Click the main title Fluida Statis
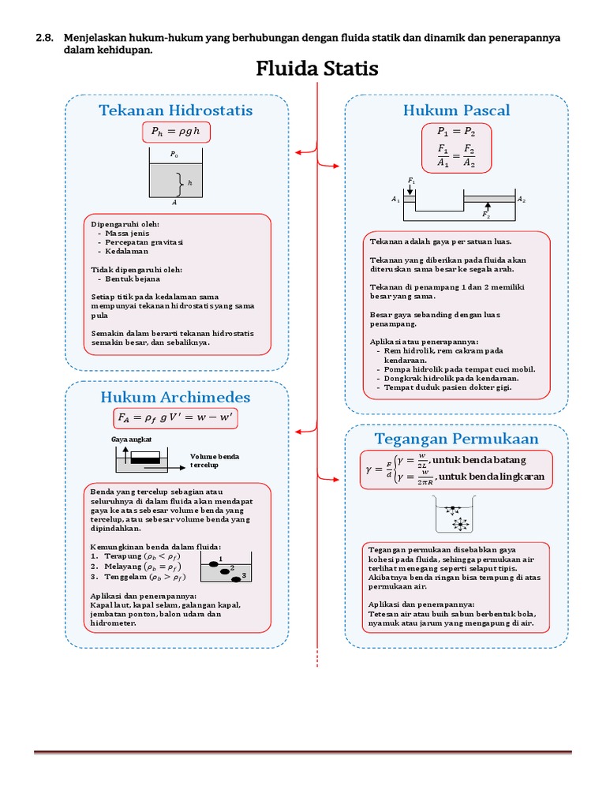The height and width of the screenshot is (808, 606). click(x=317, y=69)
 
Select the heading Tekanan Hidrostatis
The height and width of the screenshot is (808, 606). click(x=176, y=110)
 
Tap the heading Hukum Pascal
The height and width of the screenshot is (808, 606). click(x=456, y=110)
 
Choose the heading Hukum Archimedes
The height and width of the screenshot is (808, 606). click(x=175, y=396)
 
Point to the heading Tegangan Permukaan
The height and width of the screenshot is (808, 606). click(x=456, y=439)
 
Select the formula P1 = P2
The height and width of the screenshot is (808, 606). click(x=456, y=131)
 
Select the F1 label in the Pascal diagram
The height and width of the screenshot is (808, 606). click(x=410, y=181)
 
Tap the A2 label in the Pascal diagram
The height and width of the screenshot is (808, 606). click(x=522, y=200)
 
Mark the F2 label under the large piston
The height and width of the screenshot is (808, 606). click(x=486, y=215)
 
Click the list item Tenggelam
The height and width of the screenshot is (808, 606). click(x=127, y=576)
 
